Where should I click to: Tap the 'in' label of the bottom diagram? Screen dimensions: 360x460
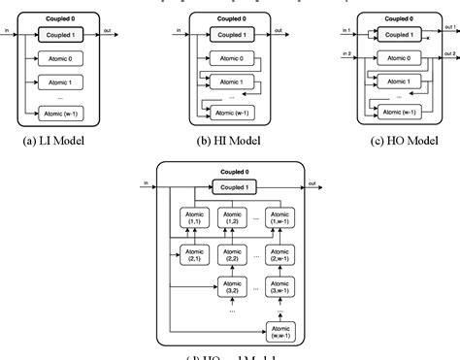[146, 181]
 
